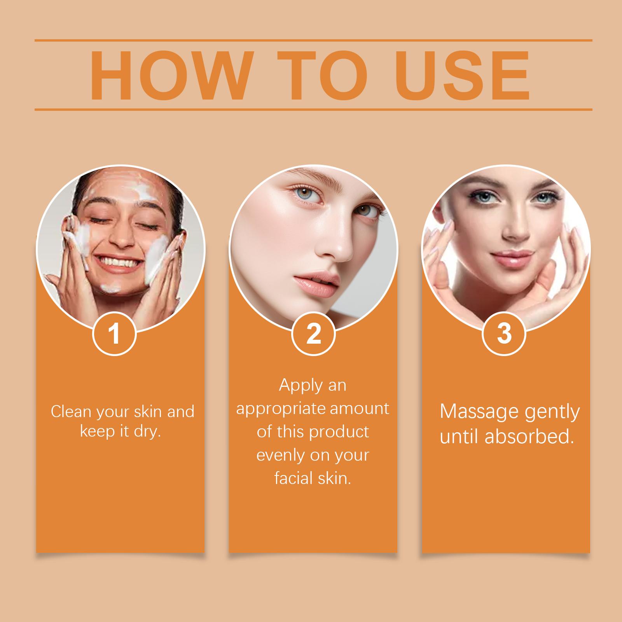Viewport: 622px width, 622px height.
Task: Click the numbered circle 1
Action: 114,334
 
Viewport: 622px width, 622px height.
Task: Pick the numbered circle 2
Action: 313,334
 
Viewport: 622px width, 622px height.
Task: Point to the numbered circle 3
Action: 504,334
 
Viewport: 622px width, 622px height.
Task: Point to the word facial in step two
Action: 292,478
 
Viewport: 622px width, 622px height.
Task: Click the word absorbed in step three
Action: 530,437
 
